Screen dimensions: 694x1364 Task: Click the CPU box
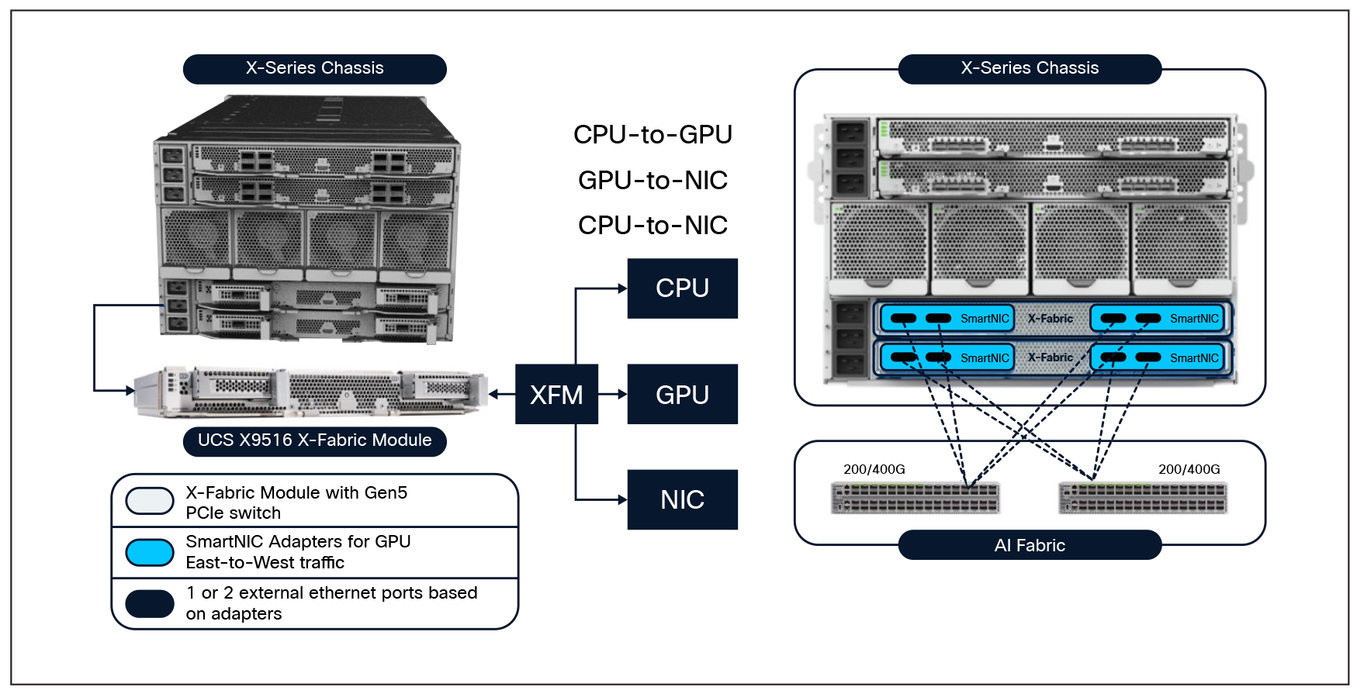[x=682, y=288]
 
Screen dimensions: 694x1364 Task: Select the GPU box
[x=682, y=395]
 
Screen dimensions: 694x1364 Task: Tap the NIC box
[x=682, y=499]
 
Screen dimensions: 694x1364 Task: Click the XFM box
[x=556, y=395]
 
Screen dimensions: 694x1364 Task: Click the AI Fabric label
[x=1030, y=545]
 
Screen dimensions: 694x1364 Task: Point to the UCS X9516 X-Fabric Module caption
[x=314, y=440]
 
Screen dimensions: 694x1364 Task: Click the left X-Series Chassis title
[x=314, y=68]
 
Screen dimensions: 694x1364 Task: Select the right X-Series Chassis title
[x=1030, y=68]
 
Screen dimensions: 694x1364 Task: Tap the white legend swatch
[x=150, y=501]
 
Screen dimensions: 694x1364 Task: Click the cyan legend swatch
[x=150, y=553]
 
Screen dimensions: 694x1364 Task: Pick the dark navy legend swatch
[x=150, y=603]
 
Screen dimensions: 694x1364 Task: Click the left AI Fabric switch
[x=915, y=498]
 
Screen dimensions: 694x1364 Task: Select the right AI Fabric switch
[x=1144, y=498]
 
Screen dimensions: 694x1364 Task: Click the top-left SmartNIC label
[x=984, y=319]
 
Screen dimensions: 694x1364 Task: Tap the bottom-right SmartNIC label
[x=1193, y=358]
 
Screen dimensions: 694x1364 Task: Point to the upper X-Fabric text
[x=1051, y=319]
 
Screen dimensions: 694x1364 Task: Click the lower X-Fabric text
[x=1051, y=357]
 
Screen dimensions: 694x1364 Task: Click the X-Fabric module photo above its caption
[x=310, y=392]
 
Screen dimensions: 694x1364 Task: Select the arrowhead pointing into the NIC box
[x=622, y=500]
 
